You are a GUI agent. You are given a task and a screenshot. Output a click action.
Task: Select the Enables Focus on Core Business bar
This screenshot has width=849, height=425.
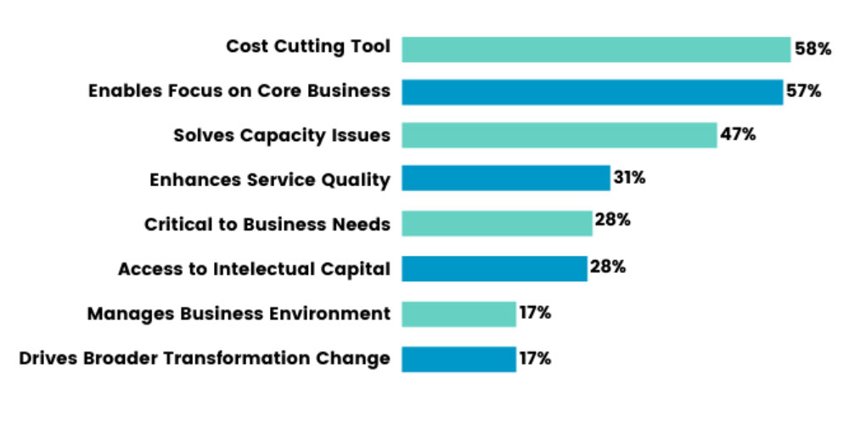592,92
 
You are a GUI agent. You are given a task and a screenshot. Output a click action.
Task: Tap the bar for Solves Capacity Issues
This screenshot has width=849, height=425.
559,135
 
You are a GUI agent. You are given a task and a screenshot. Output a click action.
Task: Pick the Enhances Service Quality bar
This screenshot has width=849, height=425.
505,178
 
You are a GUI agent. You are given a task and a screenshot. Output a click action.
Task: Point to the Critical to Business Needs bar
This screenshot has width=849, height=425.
497,224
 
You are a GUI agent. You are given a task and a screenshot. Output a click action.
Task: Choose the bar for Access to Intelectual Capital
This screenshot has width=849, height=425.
494,269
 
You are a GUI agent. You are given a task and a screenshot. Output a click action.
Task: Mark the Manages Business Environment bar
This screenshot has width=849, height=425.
458,314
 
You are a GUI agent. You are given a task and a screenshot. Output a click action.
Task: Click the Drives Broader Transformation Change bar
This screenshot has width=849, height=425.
458,359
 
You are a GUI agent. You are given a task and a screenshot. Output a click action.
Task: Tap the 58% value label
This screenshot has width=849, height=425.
812,49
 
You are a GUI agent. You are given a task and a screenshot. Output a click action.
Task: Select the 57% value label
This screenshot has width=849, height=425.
803,91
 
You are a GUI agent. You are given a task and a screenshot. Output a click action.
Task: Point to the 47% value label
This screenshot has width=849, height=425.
738,134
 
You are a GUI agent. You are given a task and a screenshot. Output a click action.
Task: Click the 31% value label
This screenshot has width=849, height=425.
630,178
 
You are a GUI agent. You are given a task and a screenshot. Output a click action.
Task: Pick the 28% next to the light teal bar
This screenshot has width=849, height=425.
612,221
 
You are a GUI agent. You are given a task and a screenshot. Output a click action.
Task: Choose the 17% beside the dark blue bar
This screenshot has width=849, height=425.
535,358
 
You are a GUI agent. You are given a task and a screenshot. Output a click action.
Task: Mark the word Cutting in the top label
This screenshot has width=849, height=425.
308,47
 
